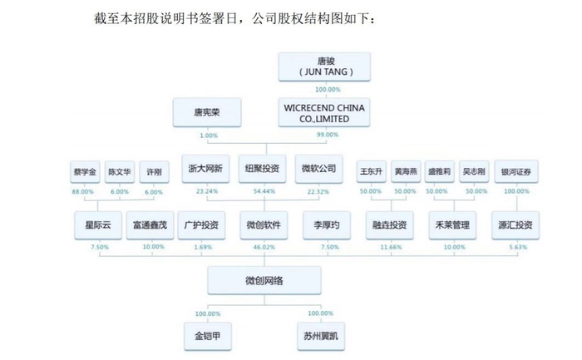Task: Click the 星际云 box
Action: point(98,224)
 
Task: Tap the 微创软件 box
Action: point(264,224)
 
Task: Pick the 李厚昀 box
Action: point(328,224)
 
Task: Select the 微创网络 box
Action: point(264,281)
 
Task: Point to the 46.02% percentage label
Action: point(264,247)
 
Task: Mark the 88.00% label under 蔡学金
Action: point(84,191)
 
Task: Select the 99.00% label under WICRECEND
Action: point(328,135)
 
